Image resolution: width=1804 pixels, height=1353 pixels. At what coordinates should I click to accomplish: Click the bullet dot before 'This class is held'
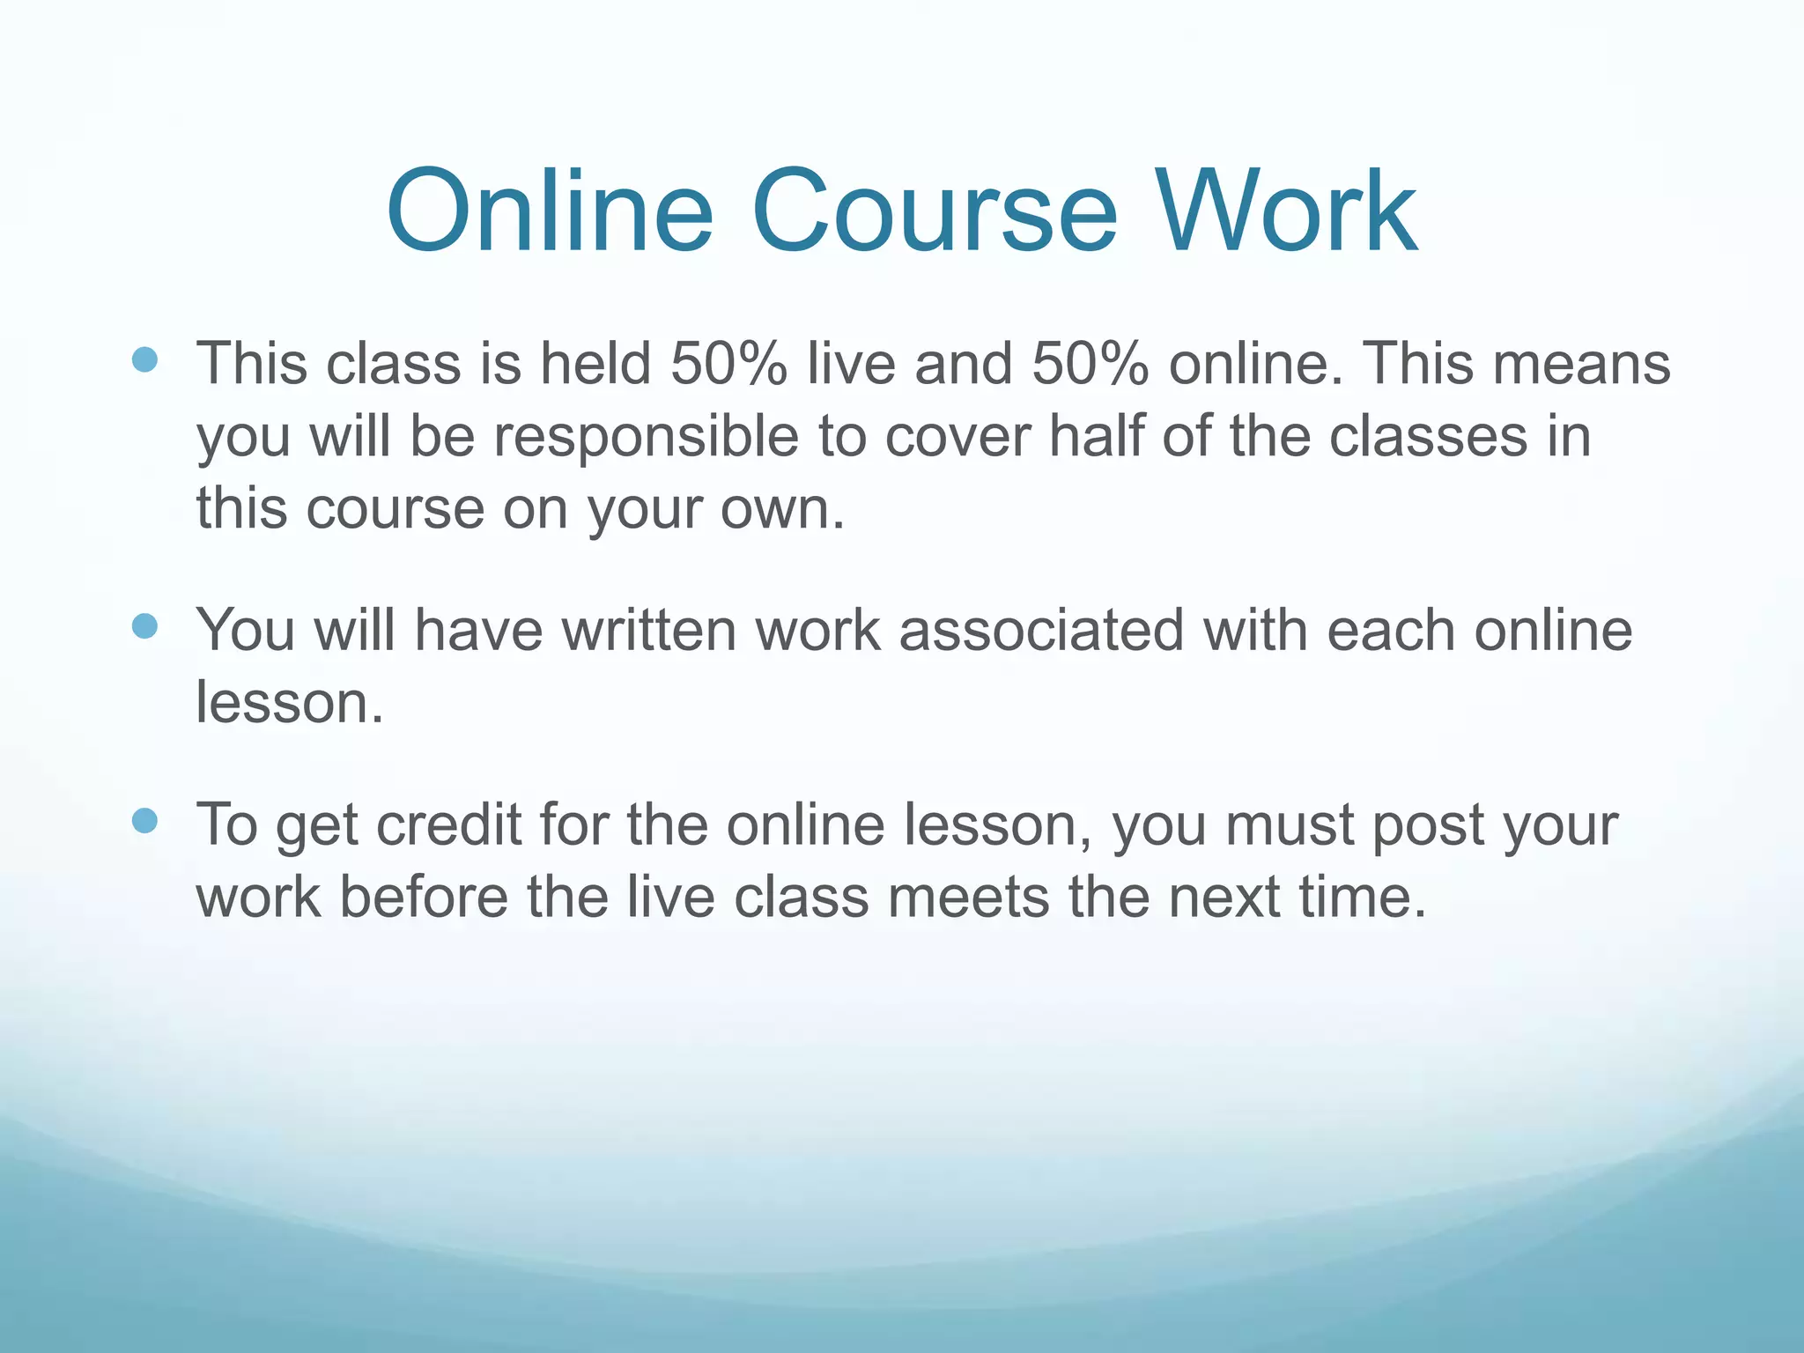(144, 359)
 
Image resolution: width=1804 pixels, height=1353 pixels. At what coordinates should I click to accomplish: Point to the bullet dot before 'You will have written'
(144, 626)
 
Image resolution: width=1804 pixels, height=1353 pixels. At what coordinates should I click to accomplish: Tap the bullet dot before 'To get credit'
(144, 821)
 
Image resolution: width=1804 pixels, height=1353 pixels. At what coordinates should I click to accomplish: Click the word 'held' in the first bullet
(595, 363)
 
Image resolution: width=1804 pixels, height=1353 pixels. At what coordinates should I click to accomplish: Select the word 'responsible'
(645, 437)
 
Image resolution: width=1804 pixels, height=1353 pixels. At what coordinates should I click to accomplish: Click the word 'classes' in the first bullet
(1427, 437)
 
